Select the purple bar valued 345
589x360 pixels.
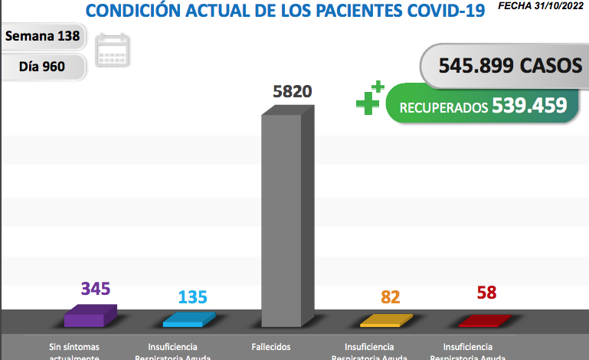pos(90,316)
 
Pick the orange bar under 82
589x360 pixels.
pos(386,320)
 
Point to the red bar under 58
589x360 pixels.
pos(485,320)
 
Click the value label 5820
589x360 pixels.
pos(293,92)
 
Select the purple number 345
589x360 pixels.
pos(96,289)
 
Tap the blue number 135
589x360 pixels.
pos(193,296)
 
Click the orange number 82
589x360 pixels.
pos(391,296)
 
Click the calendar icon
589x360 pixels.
pos(113,51)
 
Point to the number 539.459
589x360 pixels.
pos(529,105)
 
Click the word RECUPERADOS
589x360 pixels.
pos(443,107)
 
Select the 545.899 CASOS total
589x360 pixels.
pos(509,66)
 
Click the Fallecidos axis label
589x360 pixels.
pos(271,347)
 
